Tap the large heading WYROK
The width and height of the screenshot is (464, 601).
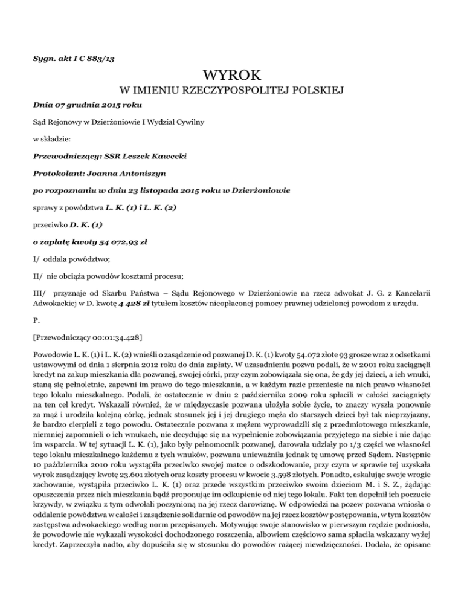click(x=232, y=76)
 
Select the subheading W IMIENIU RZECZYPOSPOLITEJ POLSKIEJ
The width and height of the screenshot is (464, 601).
click(x=232, y=92)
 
